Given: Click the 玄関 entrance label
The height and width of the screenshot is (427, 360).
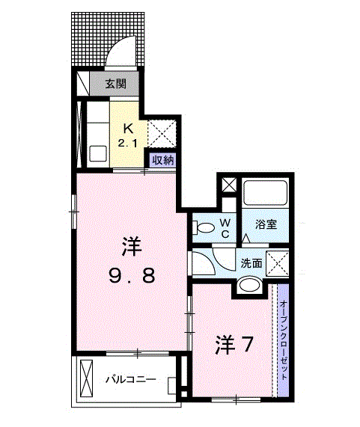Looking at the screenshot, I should [115, 84].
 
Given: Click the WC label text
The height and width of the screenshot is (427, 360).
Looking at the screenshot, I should [224, 227].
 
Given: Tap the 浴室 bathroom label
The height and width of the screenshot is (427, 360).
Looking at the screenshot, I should [267, 224].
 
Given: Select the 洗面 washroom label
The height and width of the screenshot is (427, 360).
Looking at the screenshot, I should [250, 262].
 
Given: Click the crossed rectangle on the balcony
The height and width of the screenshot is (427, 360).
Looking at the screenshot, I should [85, 378].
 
